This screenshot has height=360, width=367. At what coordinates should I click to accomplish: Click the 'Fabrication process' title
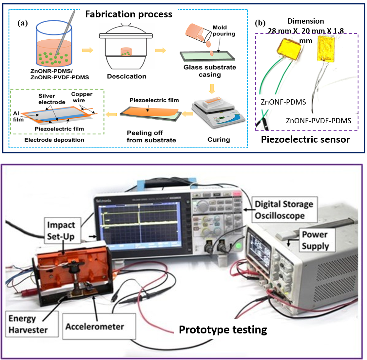click(128, 14)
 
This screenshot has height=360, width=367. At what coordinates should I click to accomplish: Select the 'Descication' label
click(126, 76)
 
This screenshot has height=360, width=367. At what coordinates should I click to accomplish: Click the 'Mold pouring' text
click(223, 30)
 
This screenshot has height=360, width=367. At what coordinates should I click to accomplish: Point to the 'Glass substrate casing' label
click(210, 71)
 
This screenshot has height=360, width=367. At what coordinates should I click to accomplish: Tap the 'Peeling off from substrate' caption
click(151, 136)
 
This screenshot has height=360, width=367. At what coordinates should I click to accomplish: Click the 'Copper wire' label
click(82, 97)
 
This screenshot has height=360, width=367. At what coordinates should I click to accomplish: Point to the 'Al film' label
click(18, 116)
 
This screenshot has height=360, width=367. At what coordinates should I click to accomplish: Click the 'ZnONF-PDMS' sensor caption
click(283, 102)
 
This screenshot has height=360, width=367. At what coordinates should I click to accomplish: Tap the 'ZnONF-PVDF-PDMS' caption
click(319, 121)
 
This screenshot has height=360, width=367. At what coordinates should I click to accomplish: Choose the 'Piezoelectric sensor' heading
click(305, 139)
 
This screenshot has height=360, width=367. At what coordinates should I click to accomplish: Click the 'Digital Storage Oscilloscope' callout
click(284, 210)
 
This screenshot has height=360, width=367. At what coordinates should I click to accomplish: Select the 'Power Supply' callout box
click(315, 240)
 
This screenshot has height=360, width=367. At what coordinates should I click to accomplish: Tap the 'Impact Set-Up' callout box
click(61, 231)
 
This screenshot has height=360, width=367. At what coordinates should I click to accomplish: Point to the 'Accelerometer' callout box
click(95, 327)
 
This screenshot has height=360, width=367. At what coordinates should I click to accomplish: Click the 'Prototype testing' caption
click(223, 330)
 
